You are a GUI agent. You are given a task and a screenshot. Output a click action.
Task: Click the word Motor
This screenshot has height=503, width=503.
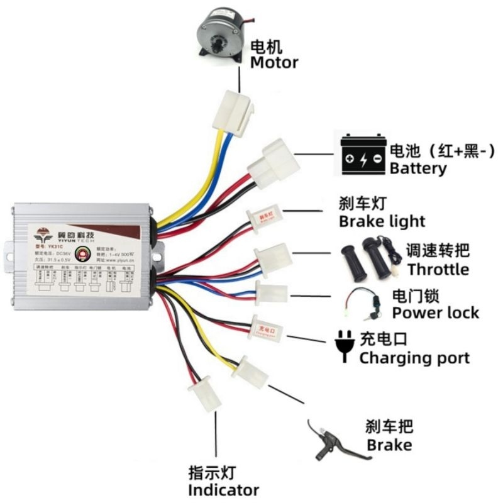(274, 63)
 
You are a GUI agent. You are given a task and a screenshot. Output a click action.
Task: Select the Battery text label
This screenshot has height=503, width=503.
(418, 169)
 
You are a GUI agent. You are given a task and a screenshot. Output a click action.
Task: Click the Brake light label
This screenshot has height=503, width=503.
(382, 221)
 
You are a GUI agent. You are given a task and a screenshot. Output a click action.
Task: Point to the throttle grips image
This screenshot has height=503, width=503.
(368, 256)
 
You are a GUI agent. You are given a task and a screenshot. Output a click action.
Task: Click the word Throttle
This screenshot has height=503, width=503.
(438, 269)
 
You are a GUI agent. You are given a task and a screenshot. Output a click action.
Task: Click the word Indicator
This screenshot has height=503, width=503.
(223, 490)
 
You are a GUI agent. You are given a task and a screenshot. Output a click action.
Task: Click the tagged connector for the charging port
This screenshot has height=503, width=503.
(264, 327)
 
